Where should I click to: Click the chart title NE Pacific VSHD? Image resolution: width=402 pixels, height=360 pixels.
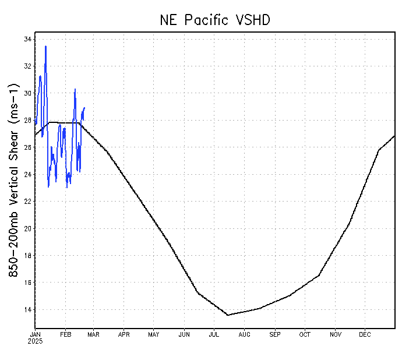coord(215,20)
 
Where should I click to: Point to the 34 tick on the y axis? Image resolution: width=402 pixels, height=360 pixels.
coord(27,39)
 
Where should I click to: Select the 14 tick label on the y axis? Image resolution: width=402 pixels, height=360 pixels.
coord(27,309)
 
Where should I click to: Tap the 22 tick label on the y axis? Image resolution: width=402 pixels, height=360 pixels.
coord(27,202)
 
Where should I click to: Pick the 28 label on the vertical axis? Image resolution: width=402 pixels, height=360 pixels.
coord(27,121)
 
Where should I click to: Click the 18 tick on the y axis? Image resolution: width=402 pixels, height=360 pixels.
coord(27,256)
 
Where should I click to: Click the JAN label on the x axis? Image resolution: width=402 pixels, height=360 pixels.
coord(35,334)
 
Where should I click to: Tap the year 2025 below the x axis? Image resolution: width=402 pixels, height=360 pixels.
coord(35,341)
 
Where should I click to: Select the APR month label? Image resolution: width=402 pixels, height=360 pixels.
coord(124,334)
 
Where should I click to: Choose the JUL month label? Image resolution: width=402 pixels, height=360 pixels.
coord(214,334)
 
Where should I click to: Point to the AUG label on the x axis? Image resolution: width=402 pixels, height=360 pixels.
coord(244,334)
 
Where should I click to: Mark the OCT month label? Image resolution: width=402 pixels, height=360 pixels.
coord(305,334)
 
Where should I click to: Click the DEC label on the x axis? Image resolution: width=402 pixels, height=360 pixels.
coord(365,334)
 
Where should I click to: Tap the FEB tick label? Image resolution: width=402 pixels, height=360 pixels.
coord(65,334)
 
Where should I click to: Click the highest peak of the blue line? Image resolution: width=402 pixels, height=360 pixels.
coord(45,46)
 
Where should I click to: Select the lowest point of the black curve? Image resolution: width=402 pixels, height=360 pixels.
coord(228,315)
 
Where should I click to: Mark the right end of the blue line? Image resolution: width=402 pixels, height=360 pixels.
coord(84,107)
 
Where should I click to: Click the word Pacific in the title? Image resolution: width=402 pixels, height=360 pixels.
coord(209,20)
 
